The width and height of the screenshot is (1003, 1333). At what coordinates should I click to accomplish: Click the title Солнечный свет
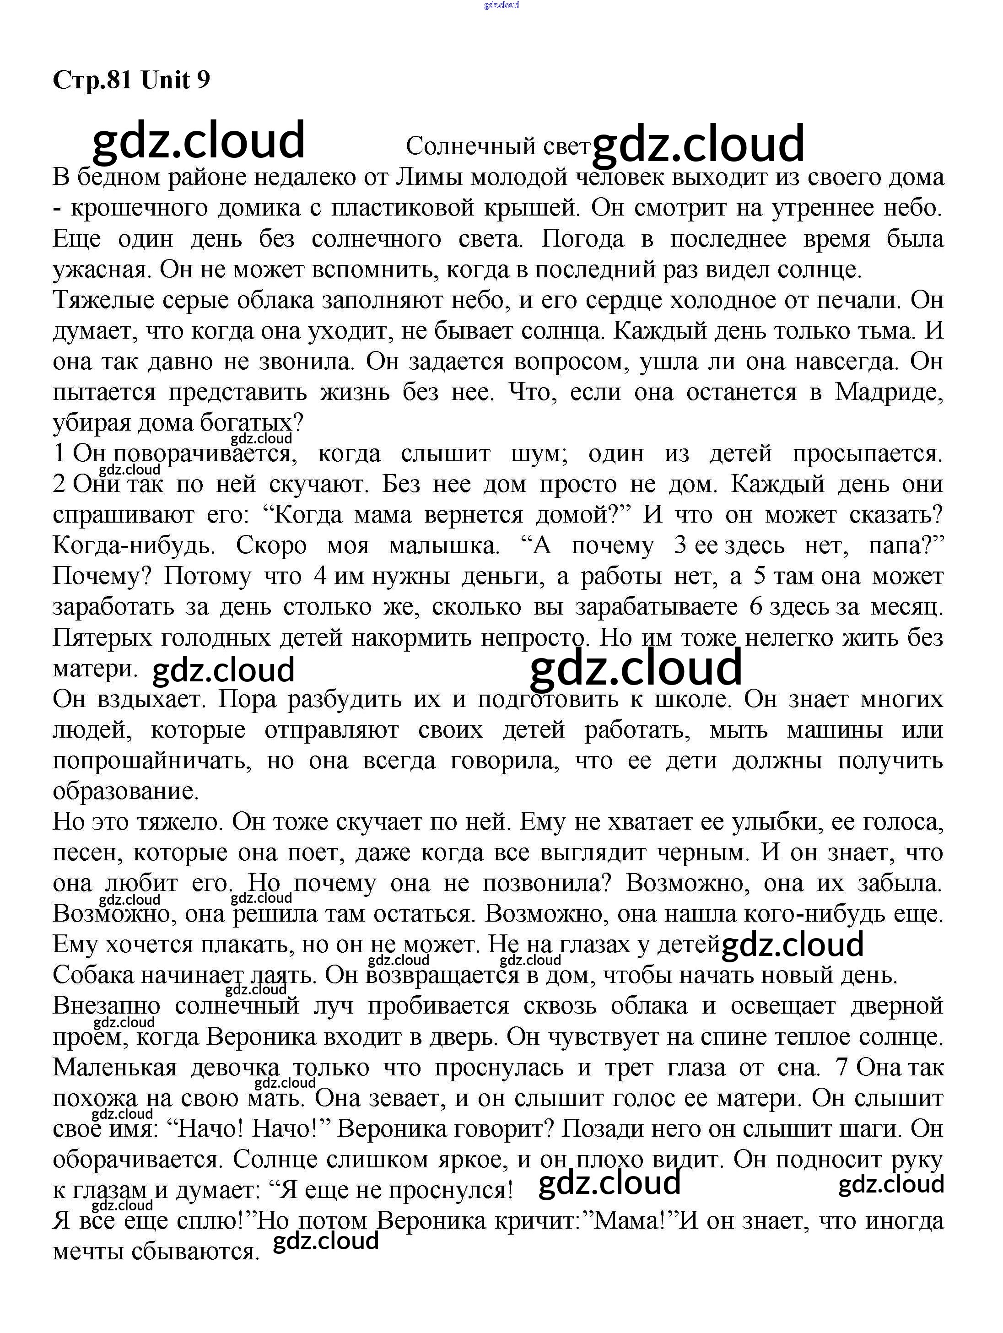(497, 146)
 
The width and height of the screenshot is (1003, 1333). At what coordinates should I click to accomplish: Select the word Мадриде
(889, 392)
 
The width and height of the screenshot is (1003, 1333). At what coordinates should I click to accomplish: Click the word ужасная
(101, 270)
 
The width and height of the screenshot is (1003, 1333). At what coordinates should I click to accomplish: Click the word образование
(125, 791)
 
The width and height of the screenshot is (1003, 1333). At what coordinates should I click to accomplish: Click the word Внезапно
(107, 1006)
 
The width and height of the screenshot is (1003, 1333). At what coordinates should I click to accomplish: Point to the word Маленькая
(114, 1067)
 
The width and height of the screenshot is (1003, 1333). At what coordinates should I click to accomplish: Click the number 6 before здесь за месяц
(757, 607)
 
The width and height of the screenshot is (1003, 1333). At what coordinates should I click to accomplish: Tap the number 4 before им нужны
(320, 576)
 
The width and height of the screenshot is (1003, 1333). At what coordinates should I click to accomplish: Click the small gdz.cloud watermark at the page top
(501, 5)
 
